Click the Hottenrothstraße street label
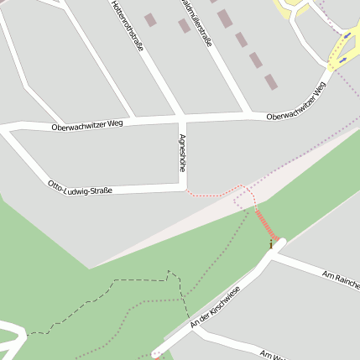click(x=127, y=26)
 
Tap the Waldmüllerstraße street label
click(x=195, y=23)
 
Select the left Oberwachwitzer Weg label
click(x=86, y=125)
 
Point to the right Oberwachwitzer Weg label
click(x=295, y=102)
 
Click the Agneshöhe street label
click(x=182, y=153)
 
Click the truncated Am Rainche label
click(x=340, y=279)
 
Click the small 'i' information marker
click(x=270, y=244)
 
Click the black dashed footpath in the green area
click(x=101, y=297)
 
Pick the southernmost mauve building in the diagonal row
click(x=270, y=81)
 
